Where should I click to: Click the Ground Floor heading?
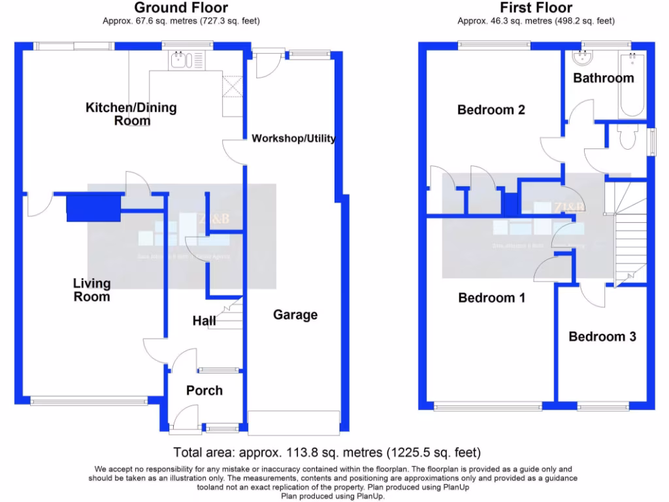181,8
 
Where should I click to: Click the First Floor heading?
536,8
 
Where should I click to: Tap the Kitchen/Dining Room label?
131,114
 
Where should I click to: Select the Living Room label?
91,290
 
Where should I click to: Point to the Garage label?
295,314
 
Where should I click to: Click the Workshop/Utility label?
293,139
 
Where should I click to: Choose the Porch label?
204,390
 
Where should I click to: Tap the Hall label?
204,321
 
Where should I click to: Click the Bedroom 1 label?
492,298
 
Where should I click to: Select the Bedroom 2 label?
491,110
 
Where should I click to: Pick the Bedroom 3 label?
602,337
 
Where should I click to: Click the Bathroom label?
604,78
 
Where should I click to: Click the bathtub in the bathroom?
632,85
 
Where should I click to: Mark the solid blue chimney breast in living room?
93,209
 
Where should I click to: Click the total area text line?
327,452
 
